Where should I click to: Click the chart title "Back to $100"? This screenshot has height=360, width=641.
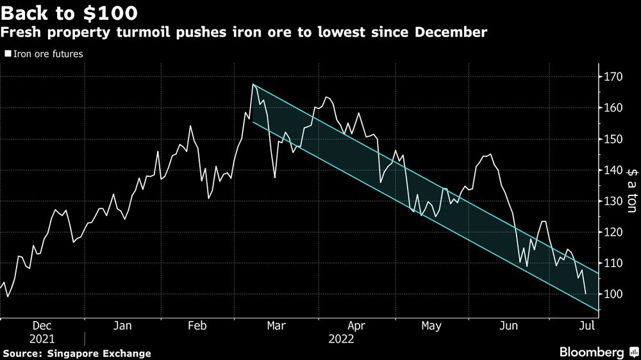coord(69,13)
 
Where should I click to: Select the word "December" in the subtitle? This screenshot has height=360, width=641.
coord(451,32)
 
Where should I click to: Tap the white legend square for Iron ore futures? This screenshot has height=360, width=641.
coord(8,54)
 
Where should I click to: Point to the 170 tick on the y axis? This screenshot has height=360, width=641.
coord(613,76)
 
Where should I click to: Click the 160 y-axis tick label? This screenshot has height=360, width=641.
coord(613,108)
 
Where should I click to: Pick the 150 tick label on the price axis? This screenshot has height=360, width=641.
coord(613,139)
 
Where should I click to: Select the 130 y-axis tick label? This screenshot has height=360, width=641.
coord(613,201)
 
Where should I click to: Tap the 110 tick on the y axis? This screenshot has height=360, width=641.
coord(613,263)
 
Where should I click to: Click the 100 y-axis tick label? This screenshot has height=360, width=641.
coord(613,294)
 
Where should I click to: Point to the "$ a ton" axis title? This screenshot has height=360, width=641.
coord(631,190)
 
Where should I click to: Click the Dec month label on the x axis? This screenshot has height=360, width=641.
coord(42,325)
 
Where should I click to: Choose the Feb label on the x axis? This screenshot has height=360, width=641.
coord(197,325)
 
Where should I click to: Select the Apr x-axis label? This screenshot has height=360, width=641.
coord(356,325)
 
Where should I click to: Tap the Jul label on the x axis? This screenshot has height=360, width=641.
coord(587,325)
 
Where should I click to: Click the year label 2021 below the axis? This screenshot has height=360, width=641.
coord(42,339)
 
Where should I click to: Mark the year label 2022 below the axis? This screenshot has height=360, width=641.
coord(342,339)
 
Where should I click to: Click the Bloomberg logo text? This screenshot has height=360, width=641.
coord(592,352)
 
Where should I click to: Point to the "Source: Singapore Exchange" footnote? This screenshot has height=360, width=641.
coord(78,354)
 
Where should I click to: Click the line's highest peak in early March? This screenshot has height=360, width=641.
coord(253,85)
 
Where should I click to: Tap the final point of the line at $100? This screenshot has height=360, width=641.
coord(586,293)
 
